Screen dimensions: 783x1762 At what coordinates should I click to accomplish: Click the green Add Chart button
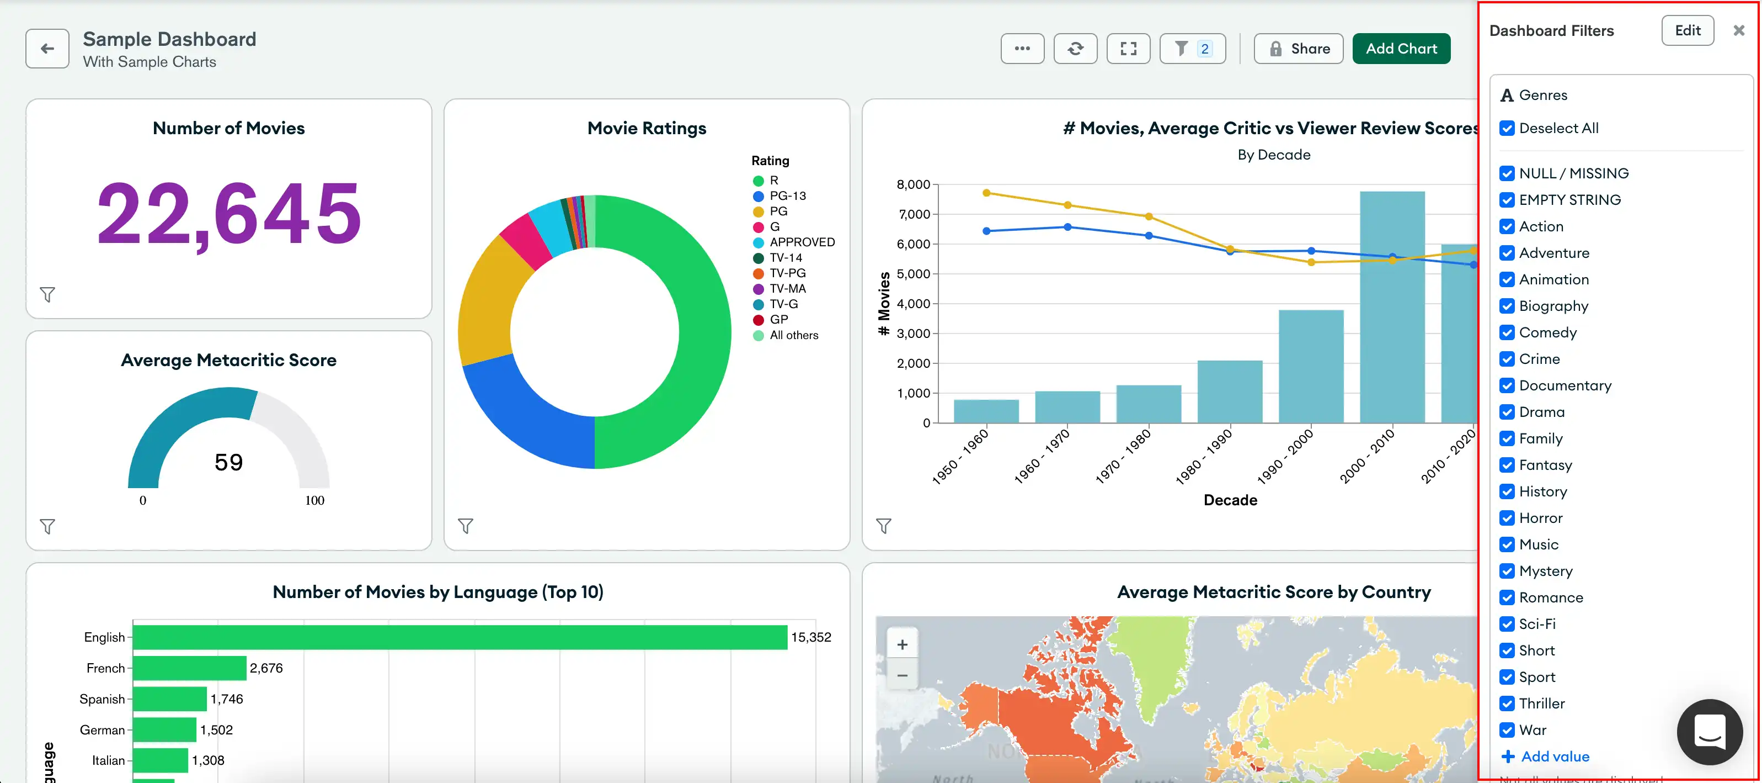pyautogui.click(x=1401, y=49)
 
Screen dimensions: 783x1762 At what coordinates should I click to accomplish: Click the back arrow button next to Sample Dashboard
pyautogui.click(x=47, y=49)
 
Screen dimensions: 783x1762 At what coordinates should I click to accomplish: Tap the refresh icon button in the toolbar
pyautogui.click(x=1075, y=49)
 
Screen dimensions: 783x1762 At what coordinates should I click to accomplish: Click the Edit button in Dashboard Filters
pyautogui.click(x=1687, y=31)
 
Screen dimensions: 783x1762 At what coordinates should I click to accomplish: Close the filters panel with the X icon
pyautogui.click(x=1738, y=31)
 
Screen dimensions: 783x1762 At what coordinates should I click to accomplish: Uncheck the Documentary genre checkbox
pyautogui.click(x=1507, y=385)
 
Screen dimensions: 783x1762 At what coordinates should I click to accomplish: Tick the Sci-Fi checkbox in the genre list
pyautogui.click(x=1507, y=624)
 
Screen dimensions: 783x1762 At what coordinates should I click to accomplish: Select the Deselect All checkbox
pyautogui.click(x=1507, y=129)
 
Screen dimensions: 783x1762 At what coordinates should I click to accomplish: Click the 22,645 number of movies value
pyautogui.click(x=228, y=214)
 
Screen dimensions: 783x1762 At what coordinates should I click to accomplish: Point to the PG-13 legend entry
pyautogui.click(x=787, y=195)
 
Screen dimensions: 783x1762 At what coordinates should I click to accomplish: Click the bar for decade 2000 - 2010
pyautogui.click(x=1391, y=308)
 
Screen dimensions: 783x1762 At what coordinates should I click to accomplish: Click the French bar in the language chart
pyautogui.click(x=189, y=668)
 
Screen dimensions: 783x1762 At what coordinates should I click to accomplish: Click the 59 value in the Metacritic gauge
pyautogui.click(x=228, y=463)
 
